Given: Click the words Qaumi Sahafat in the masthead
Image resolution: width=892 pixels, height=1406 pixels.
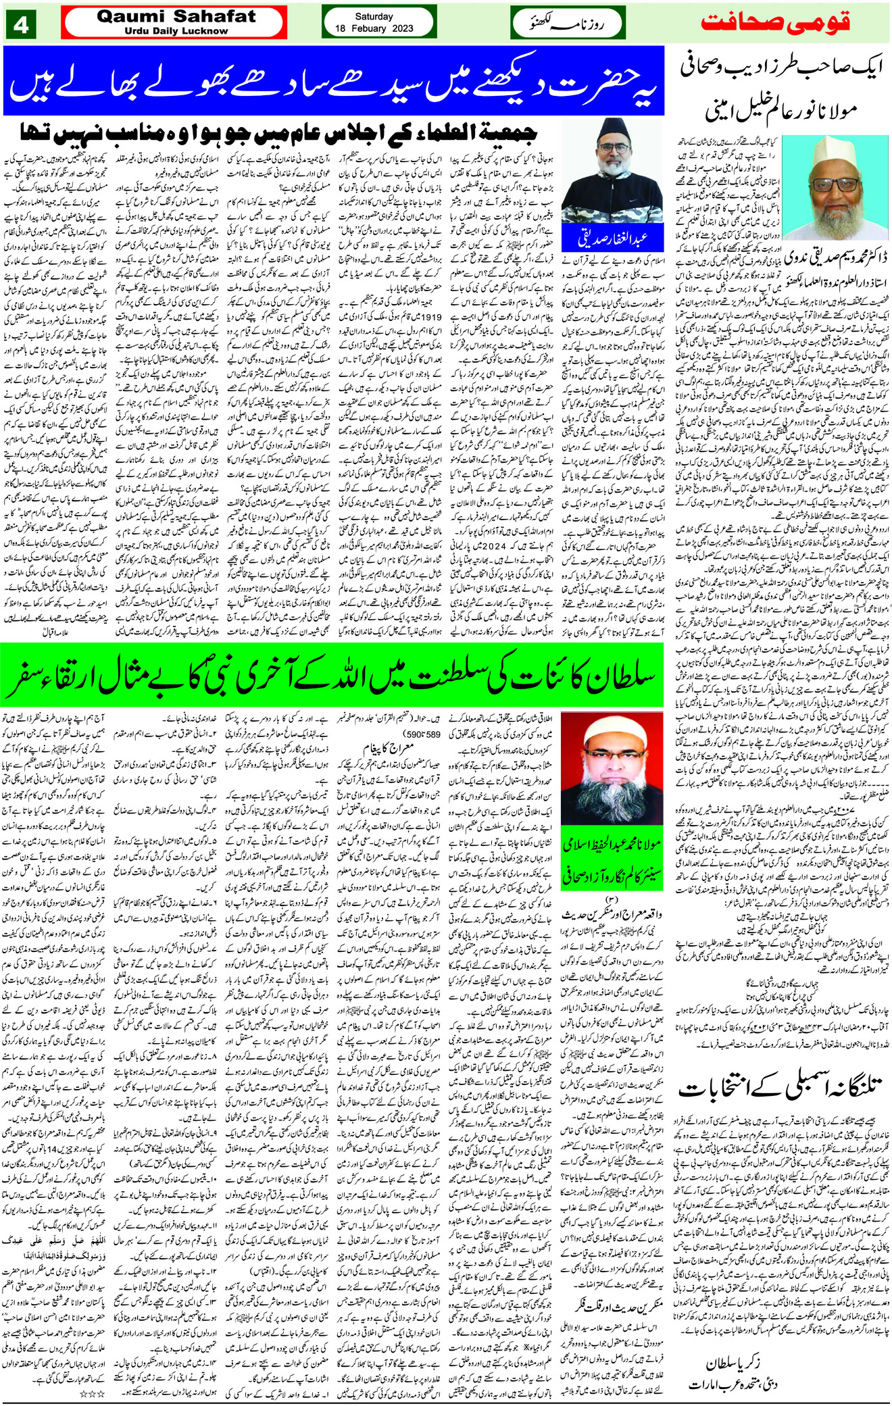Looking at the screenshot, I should pos(176,16).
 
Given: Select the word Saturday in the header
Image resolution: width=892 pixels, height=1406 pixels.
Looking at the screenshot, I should pos(374,16).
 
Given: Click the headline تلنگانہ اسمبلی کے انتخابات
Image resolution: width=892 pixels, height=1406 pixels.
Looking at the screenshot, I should pos(780,1087).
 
